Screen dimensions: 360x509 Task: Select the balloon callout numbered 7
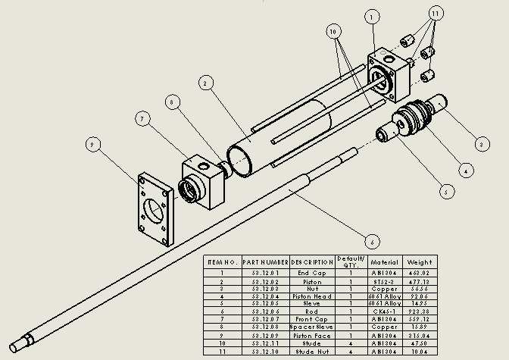click(142, 117)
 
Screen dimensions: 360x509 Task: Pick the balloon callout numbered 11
click(436, 14)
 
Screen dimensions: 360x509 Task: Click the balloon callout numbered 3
click(479, 142)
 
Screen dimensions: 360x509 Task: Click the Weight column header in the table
click(419, 261)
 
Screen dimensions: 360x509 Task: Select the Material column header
click(385, 261)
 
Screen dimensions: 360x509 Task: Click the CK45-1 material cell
click(385, 311)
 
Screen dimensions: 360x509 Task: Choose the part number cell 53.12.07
click(265, 318)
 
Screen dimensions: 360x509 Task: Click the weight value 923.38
click(419, 311)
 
